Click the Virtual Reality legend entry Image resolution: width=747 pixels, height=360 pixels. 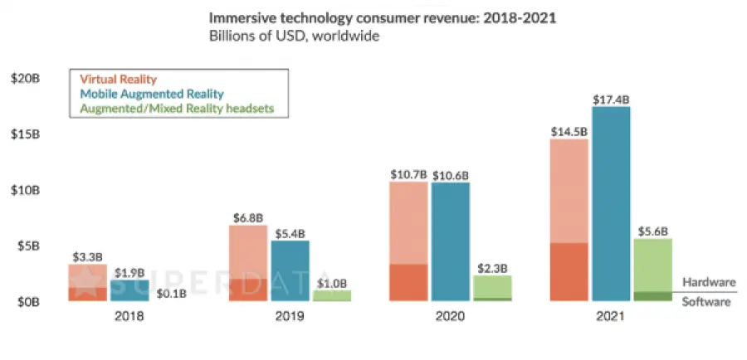point(118,80)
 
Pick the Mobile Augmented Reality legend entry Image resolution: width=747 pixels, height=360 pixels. point(152,94)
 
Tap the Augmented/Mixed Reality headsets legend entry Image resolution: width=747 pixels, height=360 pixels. point(177,108)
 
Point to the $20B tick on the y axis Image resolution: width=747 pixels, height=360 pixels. point(27,79)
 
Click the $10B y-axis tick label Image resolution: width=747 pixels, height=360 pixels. point(27,190)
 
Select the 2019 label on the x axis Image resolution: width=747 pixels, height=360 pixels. point(290,316)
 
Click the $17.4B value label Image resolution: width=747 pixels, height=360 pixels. point(611,100)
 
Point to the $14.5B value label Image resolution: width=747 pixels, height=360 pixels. point(569,131)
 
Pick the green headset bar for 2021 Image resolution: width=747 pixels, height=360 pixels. point(652,265)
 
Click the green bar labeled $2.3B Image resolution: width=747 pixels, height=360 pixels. point(492,287)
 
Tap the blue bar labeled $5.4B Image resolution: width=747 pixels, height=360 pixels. point(290,270)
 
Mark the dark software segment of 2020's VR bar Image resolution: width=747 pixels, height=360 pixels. point(408,282)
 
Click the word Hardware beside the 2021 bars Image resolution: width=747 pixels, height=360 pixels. point(708,282)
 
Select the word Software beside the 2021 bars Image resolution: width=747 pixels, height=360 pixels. point(706,302)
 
